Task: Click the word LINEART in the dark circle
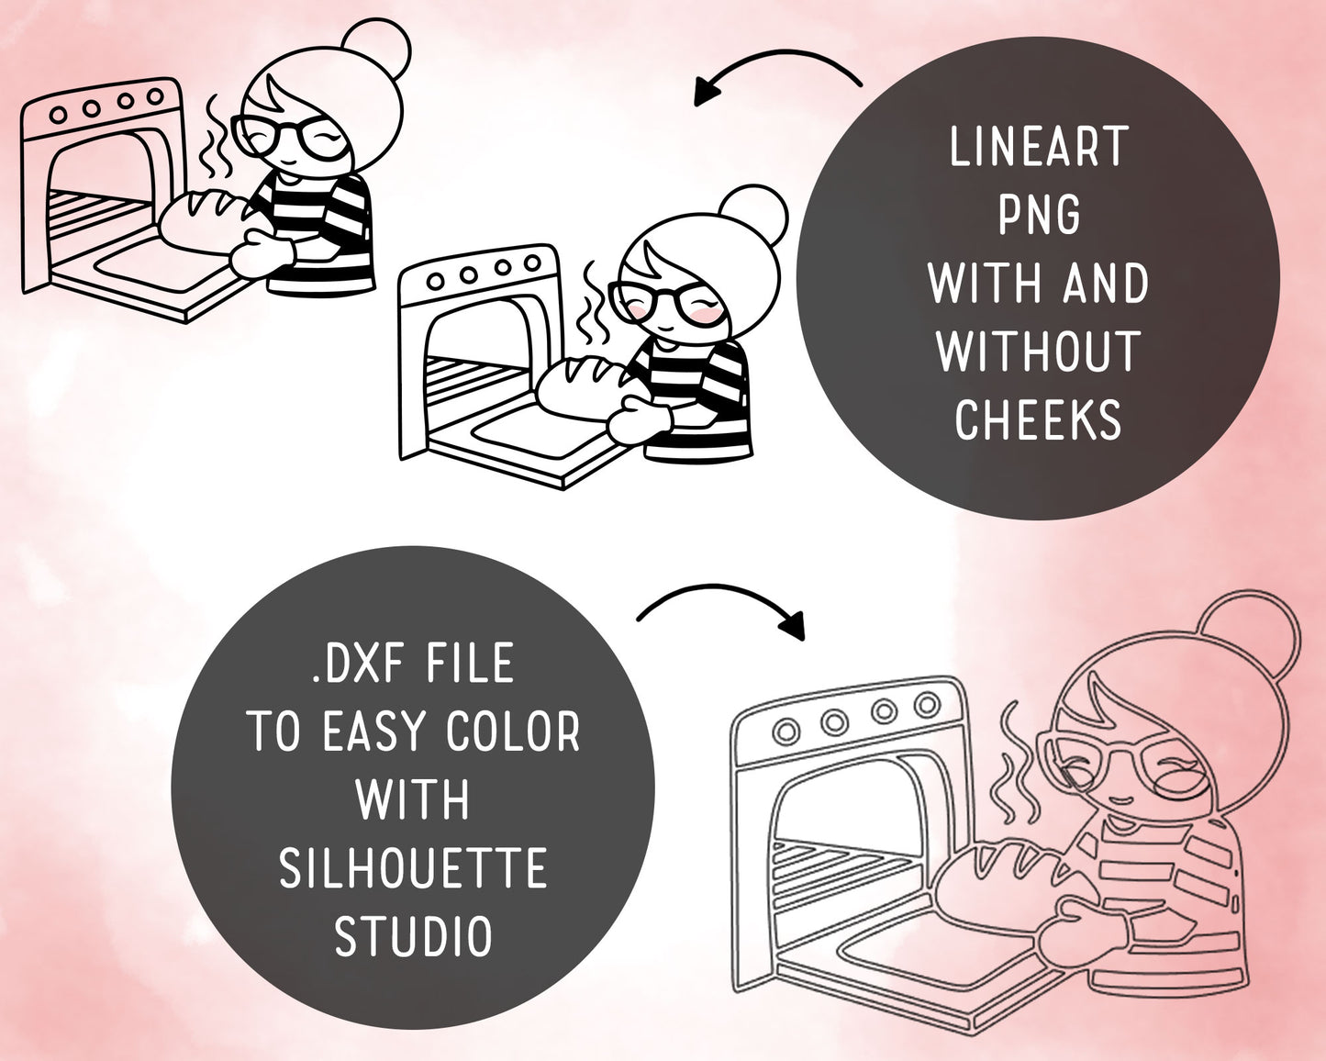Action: (x=1039, y=146)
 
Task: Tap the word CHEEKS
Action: (x=1038, y=419)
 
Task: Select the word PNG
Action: (x=1040, y=215)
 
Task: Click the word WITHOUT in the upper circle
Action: (x=1038, y=352)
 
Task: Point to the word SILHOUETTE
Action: (x=413, y=867)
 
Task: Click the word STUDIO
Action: (x=413, y=935)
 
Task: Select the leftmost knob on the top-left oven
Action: (x=59, y=115)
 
